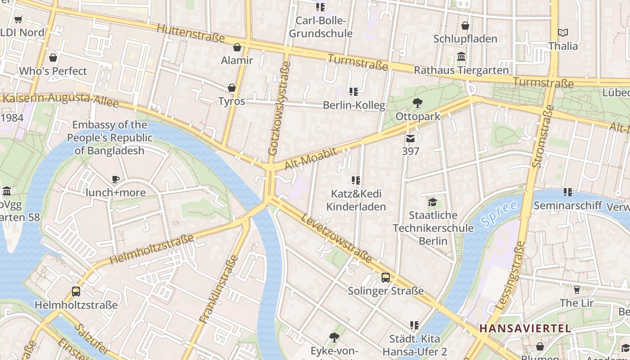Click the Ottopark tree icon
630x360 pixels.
point(418,103)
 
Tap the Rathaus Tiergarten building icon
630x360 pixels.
point(461,57)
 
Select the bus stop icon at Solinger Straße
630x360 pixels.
point(386,278)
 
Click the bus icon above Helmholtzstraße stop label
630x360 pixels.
point(76,292)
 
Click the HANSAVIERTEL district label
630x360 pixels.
point(525,328)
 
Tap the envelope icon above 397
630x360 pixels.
point(410,138)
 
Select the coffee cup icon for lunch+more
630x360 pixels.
point(116,180)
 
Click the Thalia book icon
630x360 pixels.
point(562,32)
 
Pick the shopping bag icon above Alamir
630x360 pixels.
point(237,47)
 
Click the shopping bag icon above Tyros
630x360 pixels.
point(232,88)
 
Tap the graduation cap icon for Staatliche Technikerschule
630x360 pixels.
point(432,202)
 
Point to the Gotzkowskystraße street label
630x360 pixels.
point(279,108)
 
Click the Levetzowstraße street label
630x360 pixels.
point(337,238)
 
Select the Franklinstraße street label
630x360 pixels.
point(219,289)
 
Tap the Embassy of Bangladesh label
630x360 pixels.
point(110,138)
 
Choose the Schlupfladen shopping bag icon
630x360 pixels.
point(465,26)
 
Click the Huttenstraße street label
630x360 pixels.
point(190,32)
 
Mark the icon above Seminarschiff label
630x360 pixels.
point(568,192)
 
